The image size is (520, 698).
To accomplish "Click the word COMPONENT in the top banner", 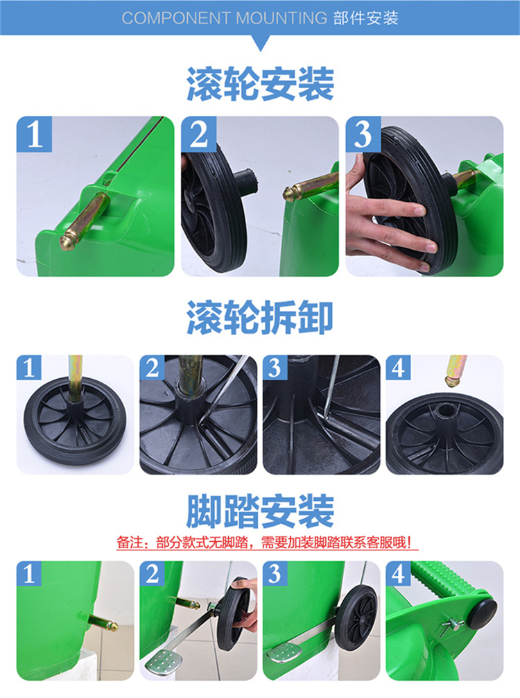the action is click(176, 18).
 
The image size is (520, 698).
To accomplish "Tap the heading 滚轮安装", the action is click(260, 84).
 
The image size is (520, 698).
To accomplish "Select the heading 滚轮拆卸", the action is click(260, 317).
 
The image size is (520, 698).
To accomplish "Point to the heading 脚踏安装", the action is click(260, 511).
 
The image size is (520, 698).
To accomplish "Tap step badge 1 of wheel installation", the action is click(34, 134).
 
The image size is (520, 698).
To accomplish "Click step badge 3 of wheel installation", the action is click(363, 134).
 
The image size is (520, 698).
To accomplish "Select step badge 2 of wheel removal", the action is click(152, 368).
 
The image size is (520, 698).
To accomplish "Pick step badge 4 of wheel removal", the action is click(398, 368).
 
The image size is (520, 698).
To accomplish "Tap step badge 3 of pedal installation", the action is click(275, 573).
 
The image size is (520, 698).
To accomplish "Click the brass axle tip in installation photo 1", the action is click(68, 242).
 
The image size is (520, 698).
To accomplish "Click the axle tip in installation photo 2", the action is click(291, 194).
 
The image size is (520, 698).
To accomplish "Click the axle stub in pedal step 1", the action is click(104, 622).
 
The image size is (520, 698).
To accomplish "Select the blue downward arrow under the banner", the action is click(261, 44).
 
